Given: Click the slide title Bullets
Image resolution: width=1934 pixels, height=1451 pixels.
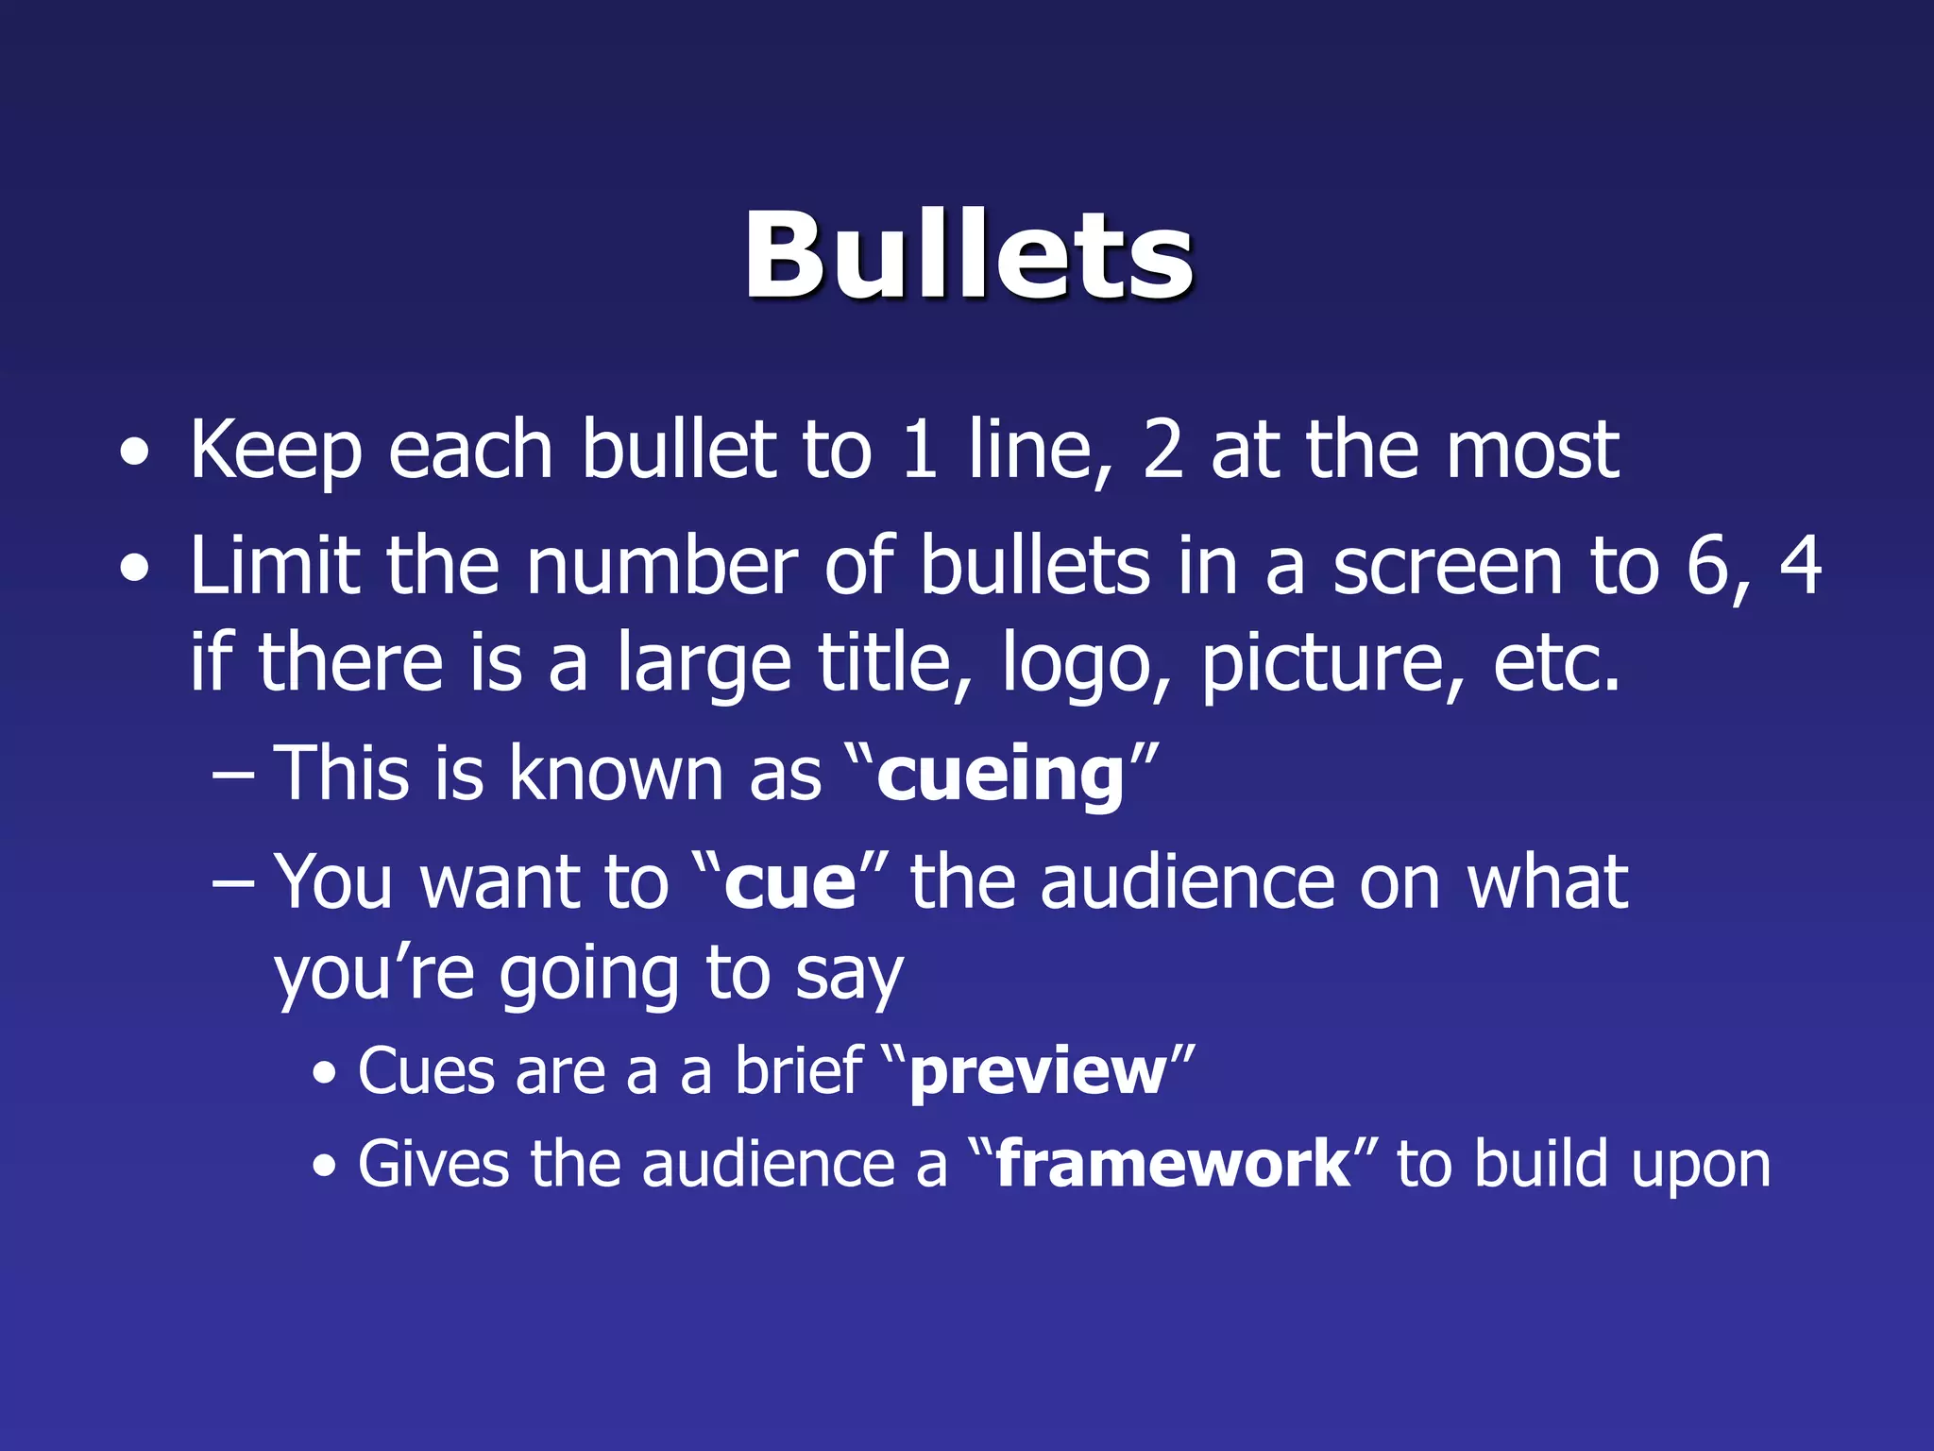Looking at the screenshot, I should (968, 256).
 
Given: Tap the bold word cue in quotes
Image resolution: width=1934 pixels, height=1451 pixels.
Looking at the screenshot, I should (790, 884).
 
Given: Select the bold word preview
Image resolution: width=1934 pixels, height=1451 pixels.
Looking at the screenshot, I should (1038, 1074).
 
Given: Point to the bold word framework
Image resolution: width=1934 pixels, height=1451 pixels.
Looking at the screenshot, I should (1173, 1164).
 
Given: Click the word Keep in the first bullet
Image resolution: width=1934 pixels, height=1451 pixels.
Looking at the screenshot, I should (276, 452).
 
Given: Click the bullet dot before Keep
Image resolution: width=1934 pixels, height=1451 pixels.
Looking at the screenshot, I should (135, 453).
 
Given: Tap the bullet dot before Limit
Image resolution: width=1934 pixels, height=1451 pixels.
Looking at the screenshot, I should (135, 569).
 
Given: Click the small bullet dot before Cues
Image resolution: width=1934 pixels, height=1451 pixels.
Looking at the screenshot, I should (325, 1074).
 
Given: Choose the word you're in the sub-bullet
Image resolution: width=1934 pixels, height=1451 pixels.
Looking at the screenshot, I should (374, 975).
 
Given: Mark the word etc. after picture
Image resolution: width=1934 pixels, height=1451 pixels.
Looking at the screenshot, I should (1556, 663).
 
